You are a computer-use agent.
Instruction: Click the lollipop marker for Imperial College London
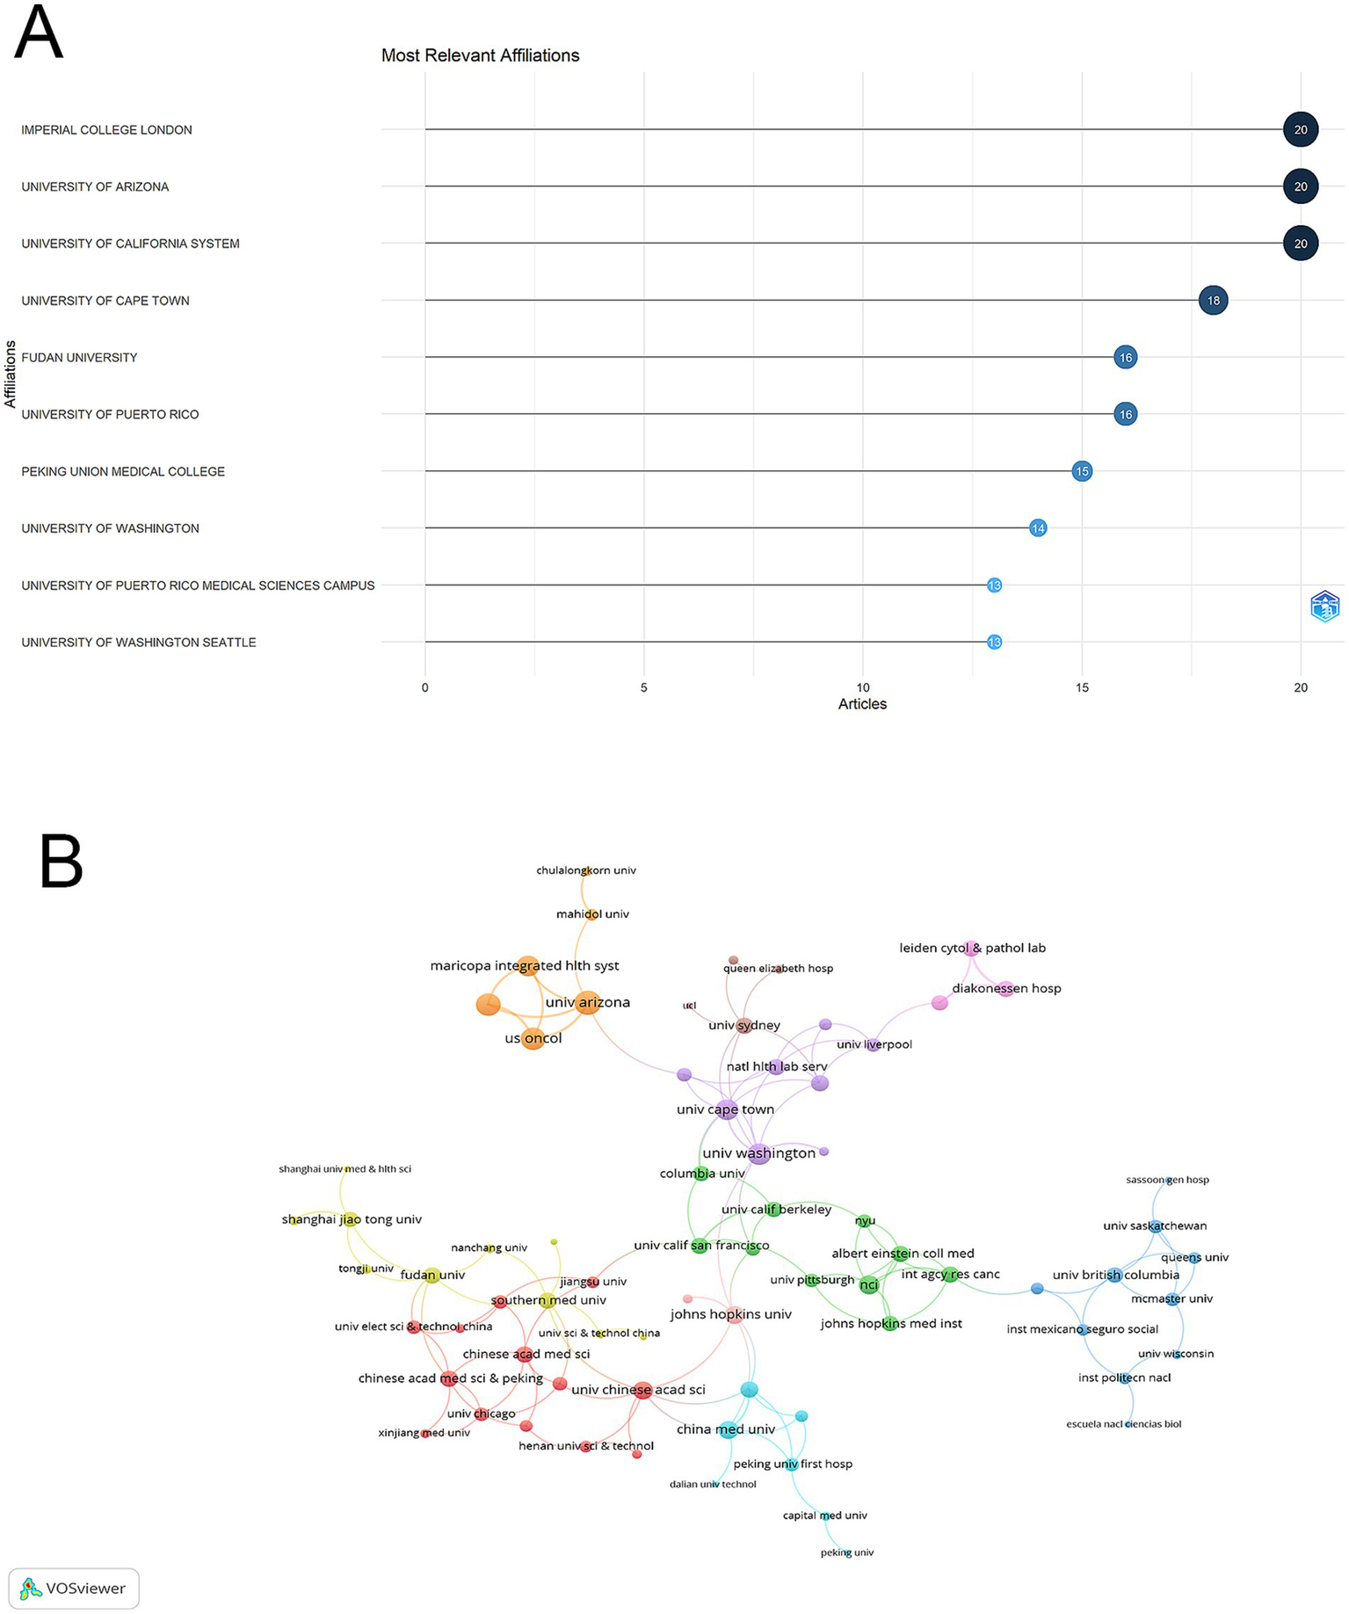(1300, 130)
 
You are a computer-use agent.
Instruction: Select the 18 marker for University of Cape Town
(1213, 301)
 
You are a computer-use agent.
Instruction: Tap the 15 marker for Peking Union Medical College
(1082, 471)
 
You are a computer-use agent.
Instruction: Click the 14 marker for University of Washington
(1038, 528)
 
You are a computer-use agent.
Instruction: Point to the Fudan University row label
(79, 358)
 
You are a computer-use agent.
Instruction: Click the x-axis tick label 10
(862, 687)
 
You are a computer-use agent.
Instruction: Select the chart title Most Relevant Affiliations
(480, 55)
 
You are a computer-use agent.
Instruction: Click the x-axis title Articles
(862, 704)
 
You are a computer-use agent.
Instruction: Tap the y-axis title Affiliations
(11, 374)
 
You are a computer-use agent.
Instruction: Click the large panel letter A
(39, 33)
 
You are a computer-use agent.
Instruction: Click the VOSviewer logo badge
(74, 1589)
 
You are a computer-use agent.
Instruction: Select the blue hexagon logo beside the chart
(1324, 607)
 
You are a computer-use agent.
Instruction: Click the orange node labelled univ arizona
(588, 1002)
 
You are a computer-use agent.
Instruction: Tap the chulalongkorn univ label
(586, 870)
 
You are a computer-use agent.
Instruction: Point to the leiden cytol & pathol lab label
(972, 948)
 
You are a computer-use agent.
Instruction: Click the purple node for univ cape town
(727, 1109)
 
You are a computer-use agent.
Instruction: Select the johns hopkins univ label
(730, 1314)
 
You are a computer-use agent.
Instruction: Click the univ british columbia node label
(1115, 1275)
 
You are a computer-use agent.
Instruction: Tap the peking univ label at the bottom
(847, 1552)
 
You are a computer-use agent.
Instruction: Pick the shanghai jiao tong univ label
(352, 1219)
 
